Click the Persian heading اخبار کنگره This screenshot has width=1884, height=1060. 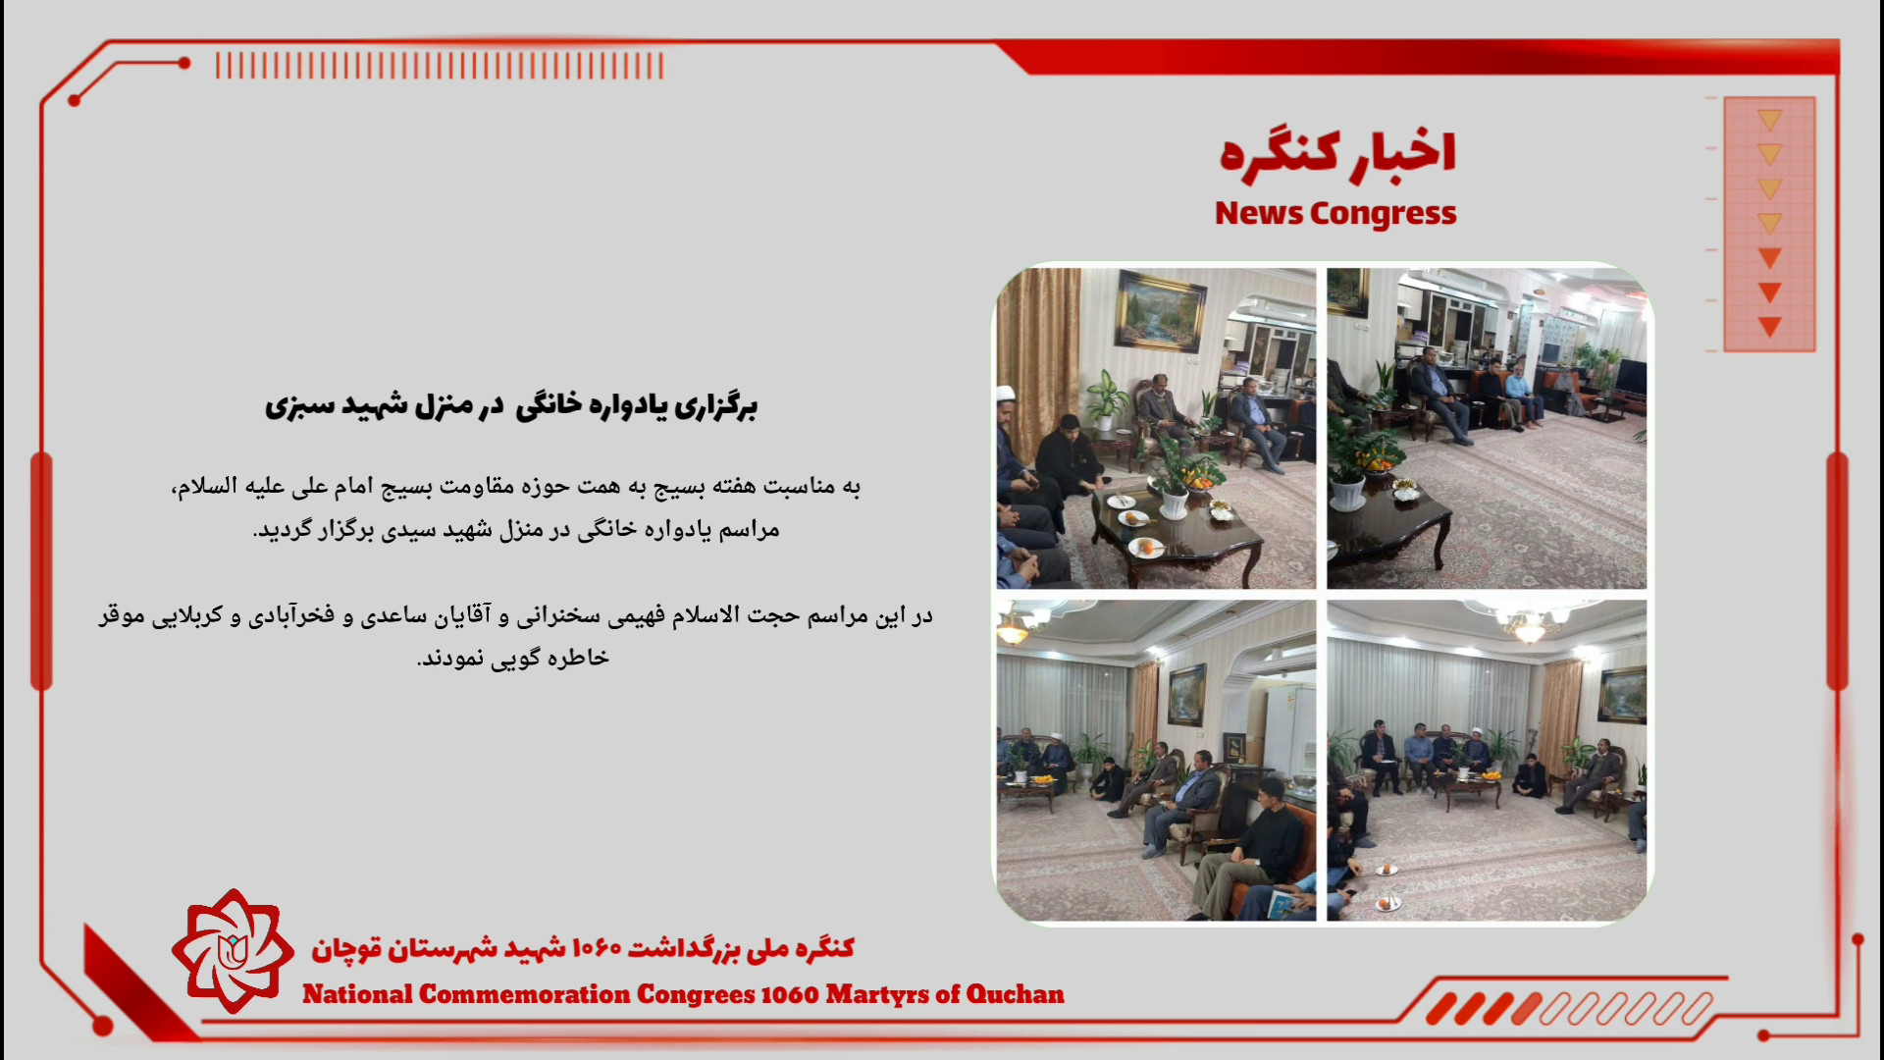click(1337, 156)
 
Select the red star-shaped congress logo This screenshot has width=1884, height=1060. click(233, 951)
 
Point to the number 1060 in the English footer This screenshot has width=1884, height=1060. click(789, 994)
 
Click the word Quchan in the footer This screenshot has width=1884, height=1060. click(1015, 995)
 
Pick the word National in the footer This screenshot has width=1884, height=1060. click(357, 994)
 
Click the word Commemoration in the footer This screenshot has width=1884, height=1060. click(524, 994)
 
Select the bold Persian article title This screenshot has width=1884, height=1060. click(511, 405)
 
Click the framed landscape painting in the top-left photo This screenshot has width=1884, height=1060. click(1161, 308)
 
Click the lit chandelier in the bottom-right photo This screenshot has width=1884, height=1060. click(1529, 625)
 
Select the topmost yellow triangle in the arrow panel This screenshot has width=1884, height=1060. click(1770, 121)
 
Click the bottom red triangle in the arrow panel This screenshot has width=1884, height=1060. click(1770, 327)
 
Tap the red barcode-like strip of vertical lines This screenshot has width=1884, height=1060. click(440, 66)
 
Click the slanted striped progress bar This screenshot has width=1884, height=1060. click(1569, 1008)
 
